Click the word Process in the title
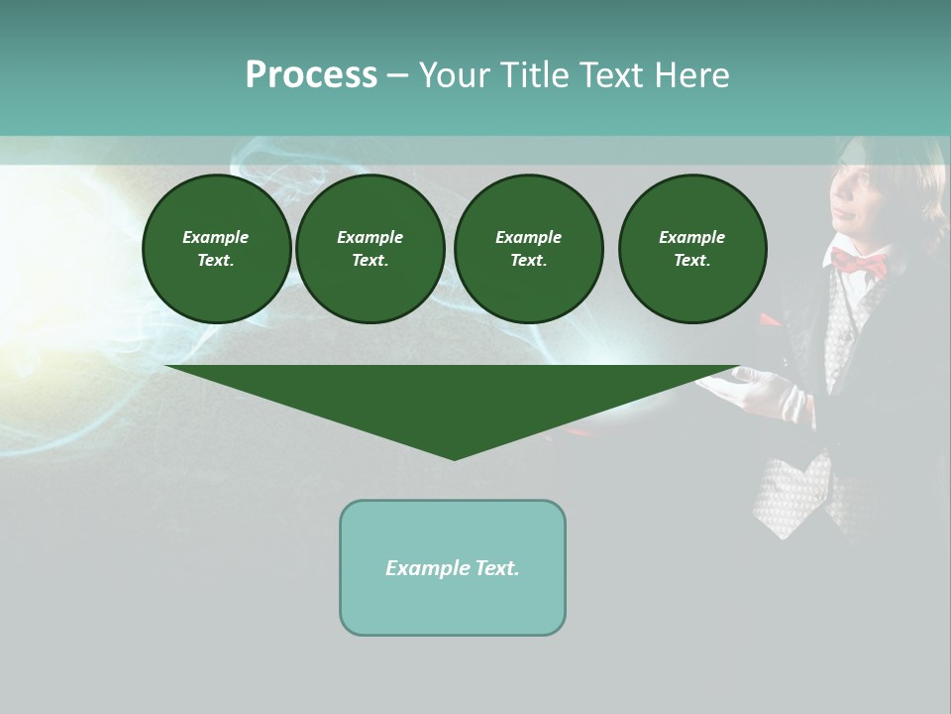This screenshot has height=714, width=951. (311, 75)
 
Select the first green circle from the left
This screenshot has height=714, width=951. (216, 249)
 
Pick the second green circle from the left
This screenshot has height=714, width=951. (370, 249)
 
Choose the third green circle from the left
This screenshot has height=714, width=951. (528, 249)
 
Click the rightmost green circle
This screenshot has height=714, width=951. (691, 249)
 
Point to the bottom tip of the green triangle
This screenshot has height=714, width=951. (454, 457)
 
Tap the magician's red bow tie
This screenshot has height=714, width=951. (859, 263)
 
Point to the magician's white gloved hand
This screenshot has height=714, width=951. (763, 389)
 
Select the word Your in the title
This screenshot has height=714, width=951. (454, 75)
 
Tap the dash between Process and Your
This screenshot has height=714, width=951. (397, 75)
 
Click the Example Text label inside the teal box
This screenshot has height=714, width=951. (453, 568)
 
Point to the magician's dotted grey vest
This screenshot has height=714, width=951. (792, 491)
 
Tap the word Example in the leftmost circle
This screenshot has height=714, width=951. (216, 237)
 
